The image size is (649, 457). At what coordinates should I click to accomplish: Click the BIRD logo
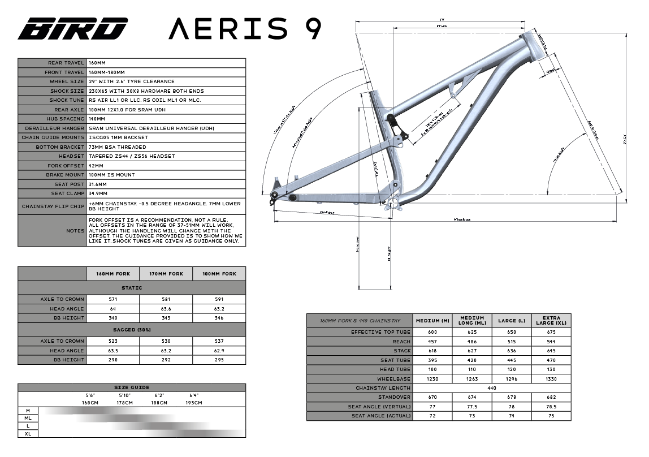coord(72,28)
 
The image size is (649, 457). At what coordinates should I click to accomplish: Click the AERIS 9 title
coord(245,28)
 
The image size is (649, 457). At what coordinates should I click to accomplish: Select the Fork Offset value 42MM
coord(97,166)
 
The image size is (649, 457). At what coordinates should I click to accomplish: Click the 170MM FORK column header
coord(166,274)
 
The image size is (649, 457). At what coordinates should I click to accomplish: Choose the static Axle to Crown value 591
coord(219,299)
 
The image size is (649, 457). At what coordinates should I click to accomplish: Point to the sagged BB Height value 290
coord(113,360)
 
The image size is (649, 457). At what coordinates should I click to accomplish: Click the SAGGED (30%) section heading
coord(132,329)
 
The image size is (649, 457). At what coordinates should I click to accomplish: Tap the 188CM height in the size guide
coord(159,403)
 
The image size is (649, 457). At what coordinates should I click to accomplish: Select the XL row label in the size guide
coord(28,434)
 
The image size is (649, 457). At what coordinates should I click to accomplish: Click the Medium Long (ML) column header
coord(472,320)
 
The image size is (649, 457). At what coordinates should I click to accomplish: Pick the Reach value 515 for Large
coord(512,342)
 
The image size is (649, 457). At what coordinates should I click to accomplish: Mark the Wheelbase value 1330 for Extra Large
coord(551,379)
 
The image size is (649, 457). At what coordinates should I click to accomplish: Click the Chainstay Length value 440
coord(492,388)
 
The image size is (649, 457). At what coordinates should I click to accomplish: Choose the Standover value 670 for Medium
coord(432,398)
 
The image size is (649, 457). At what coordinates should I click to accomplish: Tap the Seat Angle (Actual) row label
coord(381,416)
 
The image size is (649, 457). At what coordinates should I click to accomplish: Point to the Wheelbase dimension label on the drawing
coord(462,219)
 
